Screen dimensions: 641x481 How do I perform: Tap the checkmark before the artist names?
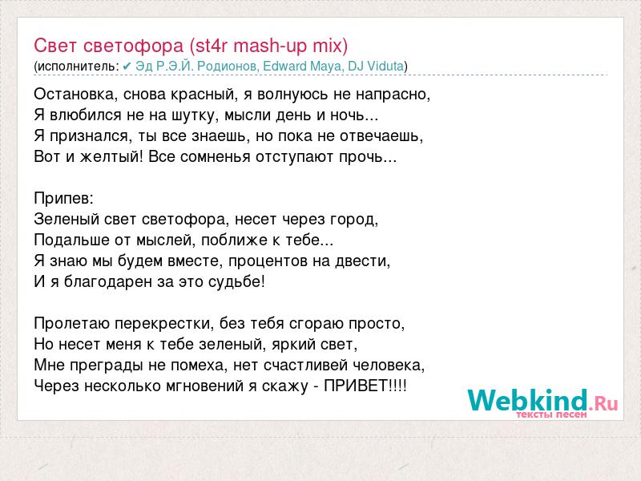tap(127, 66)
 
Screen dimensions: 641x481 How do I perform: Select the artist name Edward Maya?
tap(302, 67)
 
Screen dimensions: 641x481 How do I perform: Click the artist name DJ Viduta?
tap(376, 66)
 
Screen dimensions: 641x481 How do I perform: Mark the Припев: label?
tap(64, 199)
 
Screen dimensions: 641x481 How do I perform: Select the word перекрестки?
tap(163, 325)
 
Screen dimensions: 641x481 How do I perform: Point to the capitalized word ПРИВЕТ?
tap(356, 386)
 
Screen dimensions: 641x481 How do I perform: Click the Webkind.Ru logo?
tap(542, 402)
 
